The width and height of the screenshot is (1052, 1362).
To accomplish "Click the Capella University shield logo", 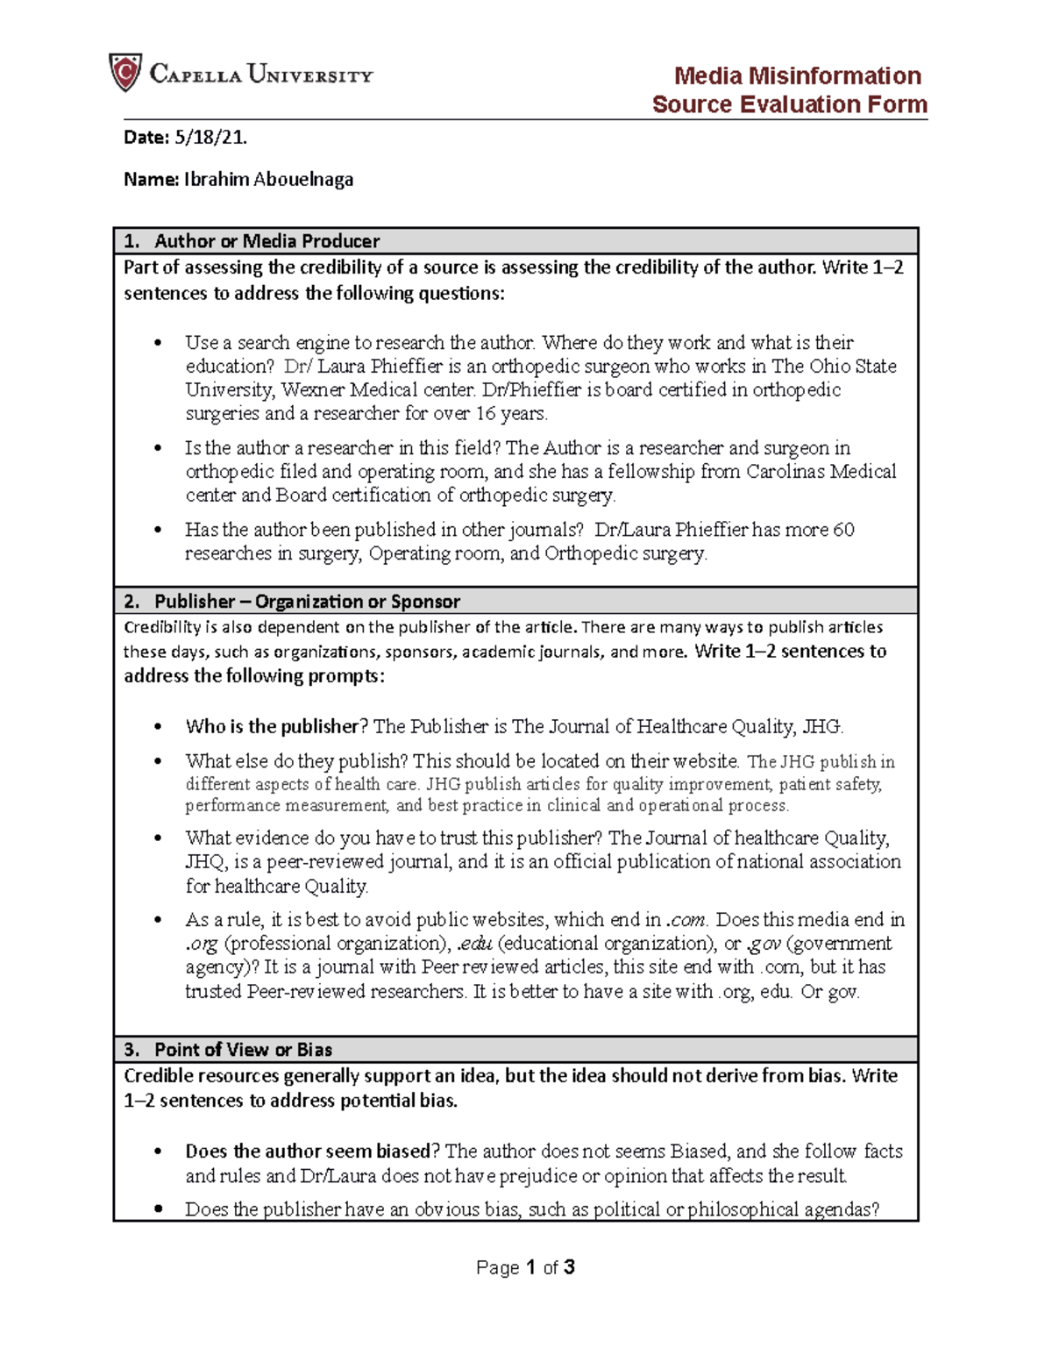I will point(124,73).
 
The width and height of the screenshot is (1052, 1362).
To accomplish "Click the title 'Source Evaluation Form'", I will point(789,104).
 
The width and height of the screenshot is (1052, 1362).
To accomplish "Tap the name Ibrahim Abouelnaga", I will point(268,180).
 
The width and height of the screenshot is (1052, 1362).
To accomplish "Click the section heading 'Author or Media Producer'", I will point(267,241).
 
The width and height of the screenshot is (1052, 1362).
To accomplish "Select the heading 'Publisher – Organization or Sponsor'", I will point(307,602).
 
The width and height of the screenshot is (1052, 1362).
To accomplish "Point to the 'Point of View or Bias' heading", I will point(243,1050).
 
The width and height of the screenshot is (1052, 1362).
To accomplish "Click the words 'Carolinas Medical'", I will point(821,472).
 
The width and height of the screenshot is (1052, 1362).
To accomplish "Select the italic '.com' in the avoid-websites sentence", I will point(686,920).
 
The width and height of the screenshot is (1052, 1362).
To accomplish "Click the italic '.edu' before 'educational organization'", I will point(474,944).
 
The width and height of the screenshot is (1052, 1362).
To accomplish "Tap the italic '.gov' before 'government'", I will point(764,944).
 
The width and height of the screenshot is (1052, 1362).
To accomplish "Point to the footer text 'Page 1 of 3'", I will point(525,1267).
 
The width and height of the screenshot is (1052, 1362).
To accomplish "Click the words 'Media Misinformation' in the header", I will point(797,75).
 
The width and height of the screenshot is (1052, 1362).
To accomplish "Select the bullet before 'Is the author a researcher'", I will point(158,448).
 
